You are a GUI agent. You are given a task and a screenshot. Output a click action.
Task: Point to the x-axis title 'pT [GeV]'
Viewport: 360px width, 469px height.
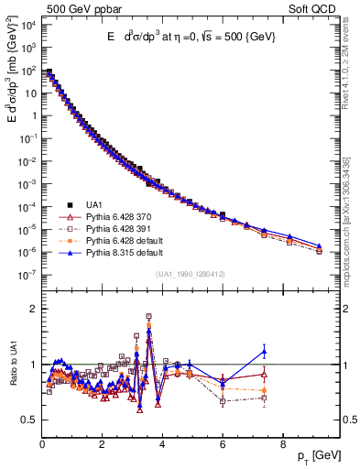pos(317,456)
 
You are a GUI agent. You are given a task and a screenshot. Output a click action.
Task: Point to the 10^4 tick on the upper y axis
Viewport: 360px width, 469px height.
pos(29,25)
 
